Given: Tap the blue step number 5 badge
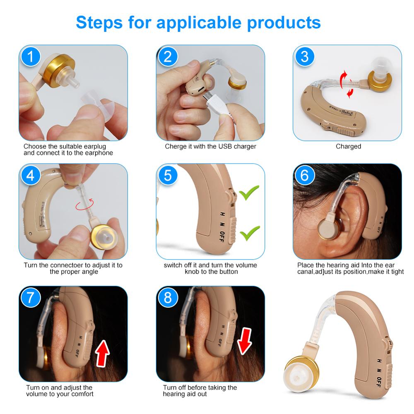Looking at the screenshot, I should pos(168,175).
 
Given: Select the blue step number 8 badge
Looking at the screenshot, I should pos(168,298).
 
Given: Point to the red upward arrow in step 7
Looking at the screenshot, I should pos(102,352).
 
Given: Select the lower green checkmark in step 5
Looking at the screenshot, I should pos(250,233).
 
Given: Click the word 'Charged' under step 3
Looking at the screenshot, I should pos(348,147).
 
